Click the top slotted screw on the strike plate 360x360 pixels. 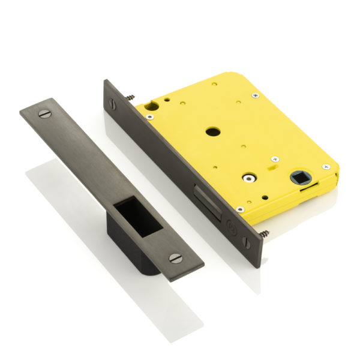(43, 113)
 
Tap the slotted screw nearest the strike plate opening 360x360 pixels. (175, 257)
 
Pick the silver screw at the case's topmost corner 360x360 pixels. (254, 94)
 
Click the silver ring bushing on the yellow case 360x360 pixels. (247, 178)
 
